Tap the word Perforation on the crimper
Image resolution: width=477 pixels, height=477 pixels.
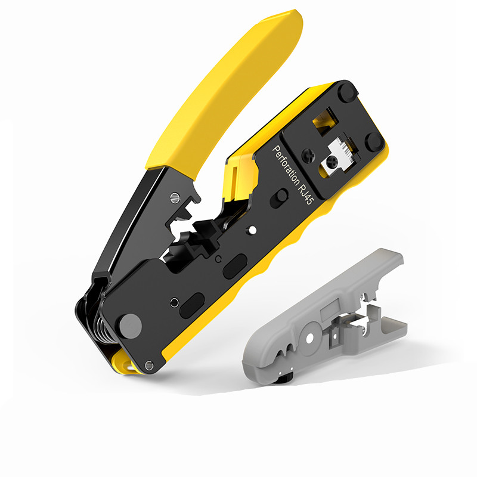click(x=286, y=166)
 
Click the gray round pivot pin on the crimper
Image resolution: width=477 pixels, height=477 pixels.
click(x=131, y=326)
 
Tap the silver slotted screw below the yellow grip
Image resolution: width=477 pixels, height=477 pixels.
click(x=175, y=197)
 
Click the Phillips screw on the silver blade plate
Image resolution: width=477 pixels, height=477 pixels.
click(x=332, y=161)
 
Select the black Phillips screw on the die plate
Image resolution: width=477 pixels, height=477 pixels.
click(x=308, y=156)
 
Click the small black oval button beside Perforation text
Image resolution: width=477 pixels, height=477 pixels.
click(x=279, y=198)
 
